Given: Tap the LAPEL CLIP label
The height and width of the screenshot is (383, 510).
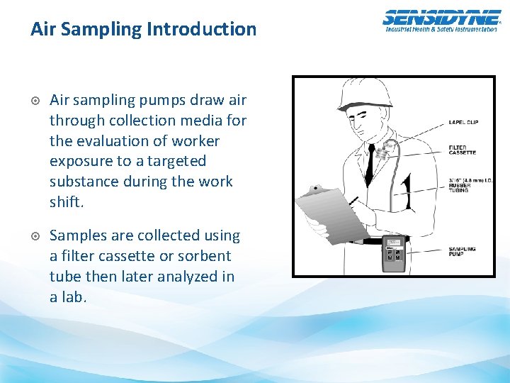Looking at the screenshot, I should pyautogui.click(x=463, y=122).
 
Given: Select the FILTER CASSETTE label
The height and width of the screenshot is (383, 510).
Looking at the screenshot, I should pyautogui.click(x=463, y=150).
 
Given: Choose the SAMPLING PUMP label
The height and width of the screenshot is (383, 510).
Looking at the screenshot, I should pyautogui.click(x=462, y=252).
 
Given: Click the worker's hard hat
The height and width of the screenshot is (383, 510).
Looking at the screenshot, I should pyautogui.click(x=364, y=94).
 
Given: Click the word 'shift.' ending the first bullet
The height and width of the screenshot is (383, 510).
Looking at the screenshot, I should pyautogui.click(x=67, y=202).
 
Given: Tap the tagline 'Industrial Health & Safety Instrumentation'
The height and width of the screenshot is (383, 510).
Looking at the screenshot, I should pyautogui.click(x=441, y=29).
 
